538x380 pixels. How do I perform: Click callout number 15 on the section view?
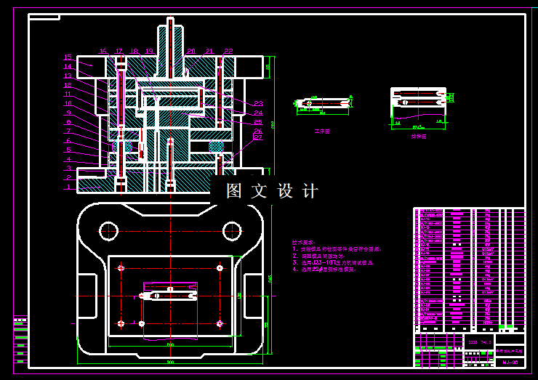pos(68,57)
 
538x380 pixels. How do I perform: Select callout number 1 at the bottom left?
pos(68,187)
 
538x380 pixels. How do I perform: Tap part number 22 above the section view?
pos(228,52)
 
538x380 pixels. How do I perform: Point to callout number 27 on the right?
pos(258,137)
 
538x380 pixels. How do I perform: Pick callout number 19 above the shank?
pos(149,52)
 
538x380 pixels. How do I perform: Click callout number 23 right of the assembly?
pos(258,103)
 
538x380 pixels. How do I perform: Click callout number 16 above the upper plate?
pos(103,52)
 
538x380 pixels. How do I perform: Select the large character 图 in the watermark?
pos(233,192)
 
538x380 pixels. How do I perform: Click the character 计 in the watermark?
pos(310,192)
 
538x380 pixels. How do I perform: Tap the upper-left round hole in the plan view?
pos(108,230)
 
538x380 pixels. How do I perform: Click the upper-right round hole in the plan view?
pos(231,230)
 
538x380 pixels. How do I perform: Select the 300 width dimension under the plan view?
pos(170,362)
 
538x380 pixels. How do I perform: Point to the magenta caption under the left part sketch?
pos(321,132)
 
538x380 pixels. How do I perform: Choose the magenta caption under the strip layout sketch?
pos(418,136)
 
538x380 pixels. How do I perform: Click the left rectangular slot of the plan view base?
pos(86,296)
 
